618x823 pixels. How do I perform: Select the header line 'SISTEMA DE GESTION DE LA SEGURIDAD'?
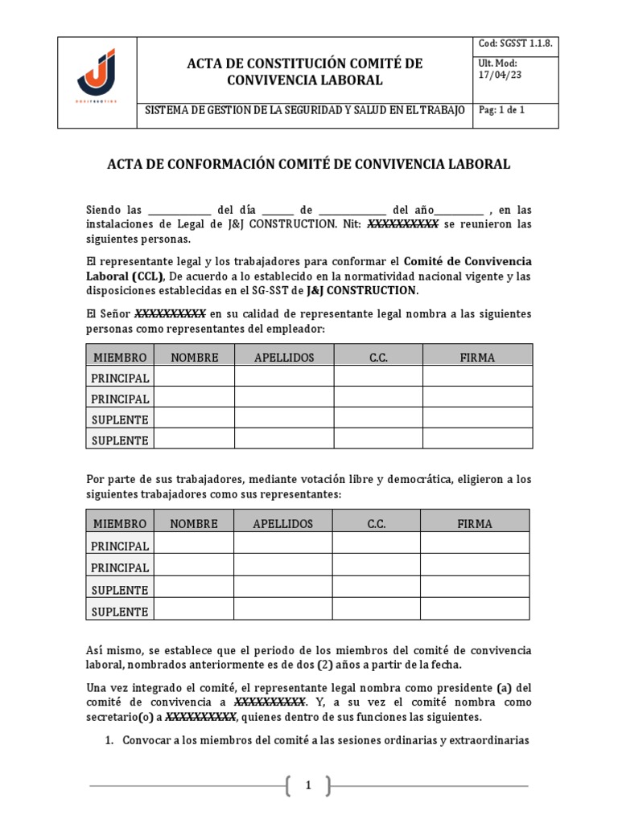coord(304,110)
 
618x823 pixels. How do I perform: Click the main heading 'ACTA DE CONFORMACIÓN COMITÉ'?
coord(308,164)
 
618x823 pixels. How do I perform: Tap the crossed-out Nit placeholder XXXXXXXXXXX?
coord(402,224)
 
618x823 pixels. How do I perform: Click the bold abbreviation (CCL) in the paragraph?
coord(146,276)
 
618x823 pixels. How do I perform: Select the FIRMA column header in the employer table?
coord(477,357)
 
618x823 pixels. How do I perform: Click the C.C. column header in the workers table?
coord(377,523)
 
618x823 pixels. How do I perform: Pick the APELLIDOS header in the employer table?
coord(284,357)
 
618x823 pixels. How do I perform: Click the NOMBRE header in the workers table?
coord(193,523)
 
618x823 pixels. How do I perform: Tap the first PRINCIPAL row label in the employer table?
coord(120,378)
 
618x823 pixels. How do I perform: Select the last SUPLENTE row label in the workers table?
coord(120,612)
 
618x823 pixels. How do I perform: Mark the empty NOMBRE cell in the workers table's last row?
coord(193,612)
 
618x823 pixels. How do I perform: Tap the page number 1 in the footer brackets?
coord(307,786)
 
